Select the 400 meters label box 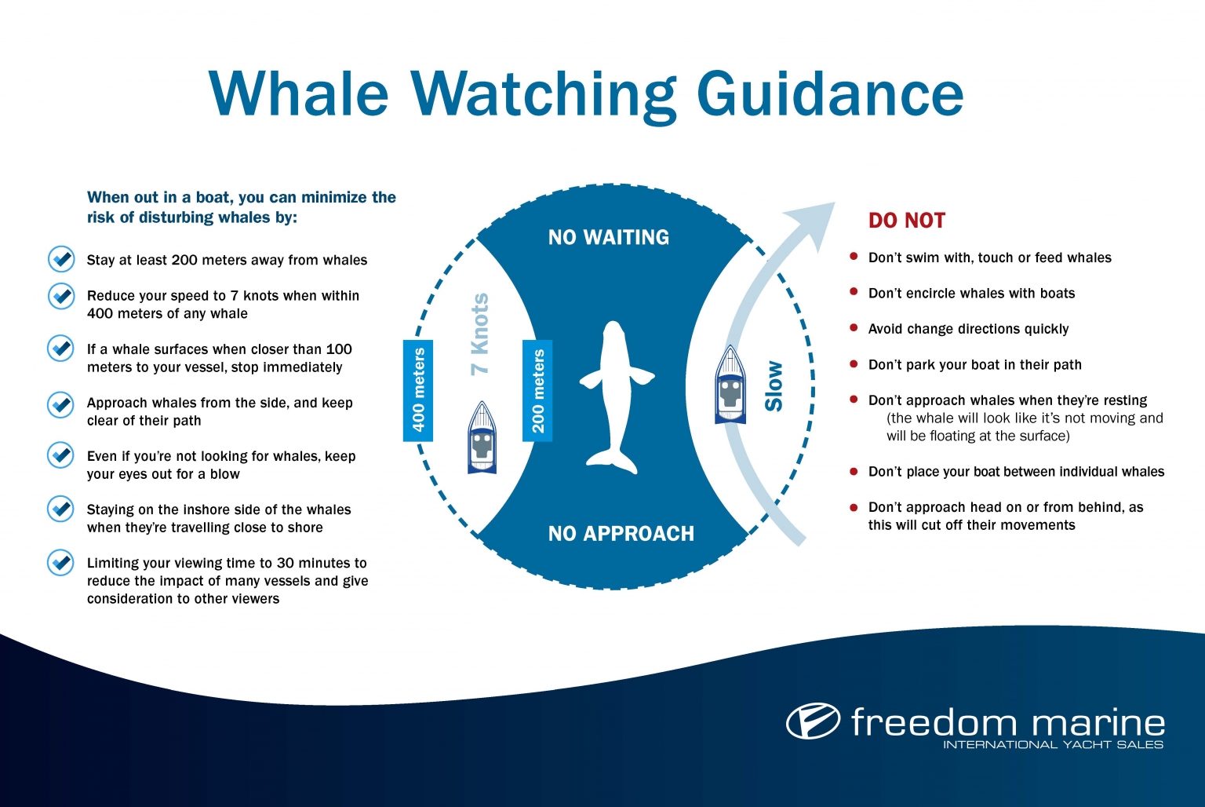[418, 390]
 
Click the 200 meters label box [538, 390]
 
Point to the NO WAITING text [609, 237]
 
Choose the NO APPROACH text [621, 534]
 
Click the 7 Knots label [480, 334]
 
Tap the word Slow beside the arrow [774, 385]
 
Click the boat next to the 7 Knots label [482, 437]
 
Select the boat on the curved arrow [730, 385]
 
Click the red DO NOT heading [906, 221]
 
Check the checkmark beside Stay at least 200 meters [60, 259]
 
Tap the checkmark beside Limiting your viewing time [60, 563]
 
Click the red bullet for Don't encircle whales [854, 292]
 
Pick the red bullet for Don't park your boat [854, 363]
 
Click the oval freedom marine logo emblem [813, 721]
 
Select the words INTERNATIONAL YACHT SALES [1053, 744]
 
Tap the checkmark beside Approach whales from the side [60, 404]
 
